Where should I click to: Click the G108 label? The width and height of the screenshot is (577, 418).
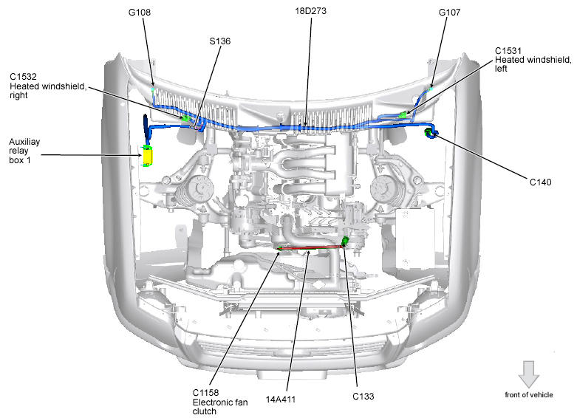[x=140, y=12]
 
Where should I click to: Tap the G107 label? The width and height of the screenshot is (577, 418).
[x=449, y=12]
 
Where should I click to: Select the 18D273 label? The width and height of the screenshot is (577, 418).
[x=310, y=10]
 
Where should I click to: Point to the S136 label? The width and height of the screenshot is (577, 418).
[x=220, y=41]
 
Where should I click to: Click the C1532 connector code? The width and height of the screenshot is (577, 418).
[x=23, y=77]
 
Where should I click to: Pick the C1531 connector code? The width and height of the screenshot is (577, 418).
[x=508, y=51]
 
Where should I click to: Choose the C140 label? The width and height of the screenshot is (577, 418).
[x=540, y=182]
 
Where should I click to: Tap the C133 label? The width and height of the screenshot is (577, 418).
[x=363, y=396]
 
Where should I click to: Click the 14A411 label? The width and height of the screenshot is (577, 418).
[x=281, y=399]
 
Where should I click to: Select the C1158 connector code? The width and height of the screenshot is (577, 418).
[x=205, y=393]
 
